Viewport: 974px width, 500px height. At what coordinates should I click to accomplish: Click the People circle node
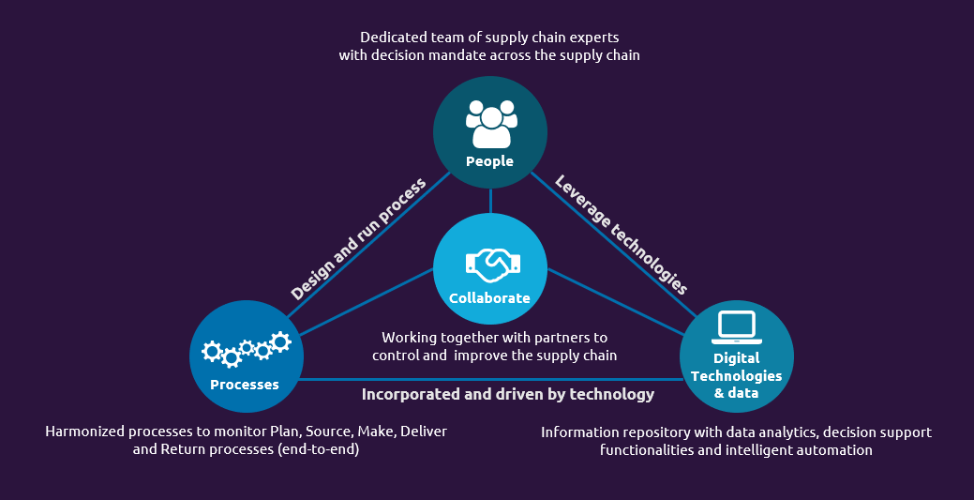point(489,132)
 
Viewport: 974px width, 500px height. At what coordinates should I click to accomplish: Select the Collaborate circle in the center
point(489,269)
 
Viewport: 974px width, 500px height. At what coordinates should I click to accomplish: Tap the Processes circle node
point(246,356)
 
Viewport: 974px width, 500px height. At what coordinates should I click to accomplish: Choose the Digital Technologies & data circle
point(736,356)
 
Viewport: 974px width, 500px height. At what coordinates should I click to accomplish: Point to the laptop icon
point(736,326)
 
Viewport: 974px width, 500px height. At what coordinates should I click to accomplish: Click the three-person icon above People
point(491,124)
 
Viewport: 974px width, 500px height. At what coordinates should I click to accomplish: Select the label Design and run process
point(357,238)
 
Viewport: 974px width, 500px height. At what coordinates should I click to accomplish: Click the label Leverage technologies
point(622,235)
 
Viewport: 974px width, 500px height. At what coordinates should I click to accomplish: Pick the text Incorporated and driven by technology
point(508,394)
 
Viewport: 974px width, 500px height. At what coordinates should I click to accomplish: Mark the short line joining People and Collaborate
point(489,199)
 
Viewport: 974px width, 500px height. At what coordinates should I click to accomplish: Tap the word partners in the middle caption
point(560,337)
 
